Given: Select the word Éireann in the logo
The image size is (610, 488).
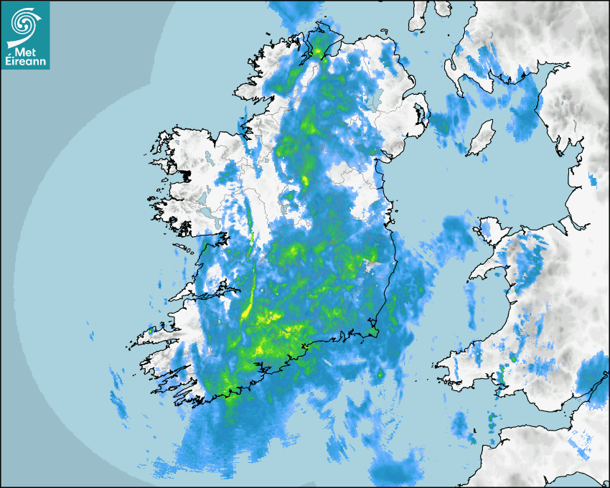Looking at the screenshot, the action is tap(24, 60).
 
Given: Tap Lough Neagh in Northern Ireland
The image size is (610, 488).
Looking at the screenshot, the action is tap(371, 99).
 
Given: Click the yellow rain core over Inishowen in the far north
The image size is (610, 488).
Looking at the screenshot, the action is tap(319, 51).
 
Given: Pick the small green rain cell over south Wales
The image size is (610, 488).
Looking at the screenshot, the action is tap(513, 357).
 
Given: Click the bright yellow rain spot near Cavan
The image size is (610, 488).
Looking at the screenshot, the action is tap(304, 179).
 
